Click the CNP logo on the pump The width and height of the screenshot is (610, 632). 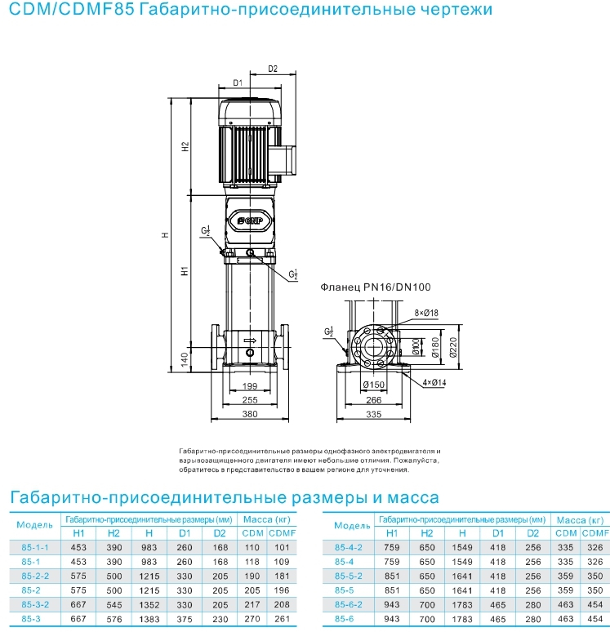(x=250, y=220)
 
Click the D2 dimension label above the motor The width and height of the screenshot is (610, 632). (x=273, y=69)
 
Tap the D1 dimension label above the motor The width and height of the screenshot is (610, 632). (x=238, y=82)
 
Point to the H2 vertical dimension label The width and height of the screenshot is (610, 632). (x=185, y=146)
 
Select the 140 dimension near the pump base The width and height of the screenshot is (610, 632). (x=185, y=359)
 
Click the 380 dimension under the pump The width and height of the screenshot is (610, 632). (x=250, y=414)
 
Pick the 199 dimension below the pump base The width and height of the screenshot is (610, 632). (x=250, y=385)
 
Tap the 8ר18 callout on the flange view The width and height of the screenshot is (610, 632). (x=426, y=313)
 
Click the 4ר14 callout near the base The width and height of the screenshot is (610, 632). (x=434, y=382)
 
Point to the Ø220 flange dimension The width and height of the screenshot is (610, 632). (x=453, y=347)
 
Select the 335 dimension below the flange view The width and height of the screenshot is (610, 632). (x=374, y=414)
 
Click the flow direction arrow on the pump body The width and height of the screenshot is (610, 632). (x=250, y=340)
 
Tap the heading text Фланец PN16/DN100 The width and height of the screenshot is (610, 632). (x=376, y=287)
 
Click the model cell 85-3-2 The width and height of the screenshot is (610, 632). (x=35, y=604)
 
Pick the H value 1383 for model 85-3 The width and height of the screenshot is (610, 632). (x=149, y=619)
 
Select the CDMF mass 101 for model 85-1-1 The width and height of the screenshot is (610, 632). (x=282, y=547)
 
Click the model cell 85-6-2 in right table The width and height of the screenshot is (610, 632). (x=349, y=604)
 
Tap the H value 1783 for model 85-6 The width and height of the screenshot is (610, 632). (x=462, y=619)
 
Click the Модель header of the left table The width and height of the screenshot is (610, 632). (x=34, y=525)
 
